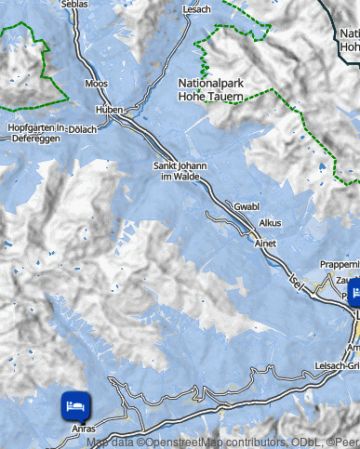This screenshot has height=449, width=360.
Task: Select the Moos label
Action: point(96,84)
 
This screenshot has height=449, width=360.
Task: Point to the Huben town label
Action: point(110,109)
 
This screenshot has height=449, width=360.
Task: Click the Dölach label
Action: point(82,128)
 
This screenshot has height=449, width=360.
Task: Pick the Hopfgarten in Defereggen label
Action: point(34,132)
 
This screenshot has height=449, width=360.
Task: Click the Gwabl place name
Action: point(247,206)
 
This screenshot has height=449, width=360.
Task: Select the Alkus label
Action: point(270,223)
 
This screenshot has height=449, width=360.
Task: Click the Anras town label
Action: point(83,429)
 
